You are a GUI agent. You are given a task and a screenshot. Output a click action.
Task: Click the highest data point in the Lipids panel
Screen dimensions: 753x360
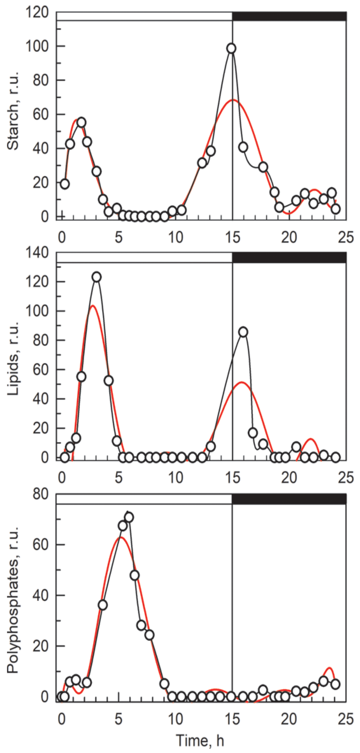point(97,277)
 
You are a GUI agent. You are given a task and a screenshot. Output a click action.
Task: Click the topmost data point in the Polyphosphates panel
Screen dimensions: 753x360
point(129,517)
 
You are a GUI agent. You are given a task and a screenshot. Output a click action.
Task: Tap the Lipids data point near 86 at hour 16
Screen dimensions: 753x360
point(243,332)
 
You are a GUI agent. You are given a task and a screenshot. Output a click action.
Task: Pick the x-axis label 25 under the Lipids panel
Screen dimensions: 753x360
point(346,478)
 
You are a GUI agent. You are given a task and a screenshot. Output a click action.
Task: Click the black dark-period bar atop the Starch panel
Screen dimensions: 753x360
point(289,16)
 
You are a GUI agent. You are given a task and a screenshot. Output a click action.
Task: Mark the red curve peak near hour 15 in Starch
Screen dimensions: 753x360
point(233,100)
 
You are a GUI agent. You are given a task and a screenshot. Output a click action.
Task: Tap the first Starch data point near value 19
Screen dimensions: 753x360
point(65,184)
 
